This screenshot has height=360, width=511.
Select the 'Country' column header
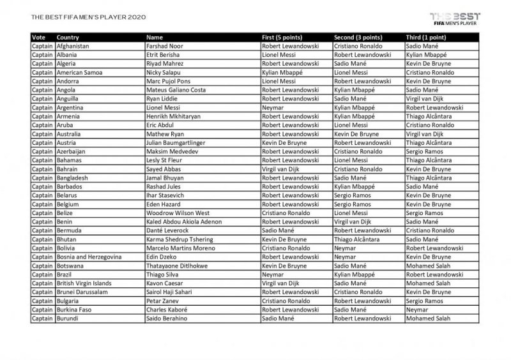[68, 38]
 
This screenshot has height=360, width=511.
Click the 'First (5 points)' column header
[286, 38]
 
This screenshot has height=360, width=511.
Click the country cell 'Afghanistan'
[73, 47]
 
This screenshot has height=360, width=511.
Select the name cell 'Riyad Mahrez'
[164, 64]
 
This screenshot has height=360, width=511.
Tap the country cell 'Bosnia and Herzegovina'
[91, 256]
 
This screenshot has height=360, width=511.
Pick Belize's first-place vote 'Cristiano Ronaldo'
[287, 213]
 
